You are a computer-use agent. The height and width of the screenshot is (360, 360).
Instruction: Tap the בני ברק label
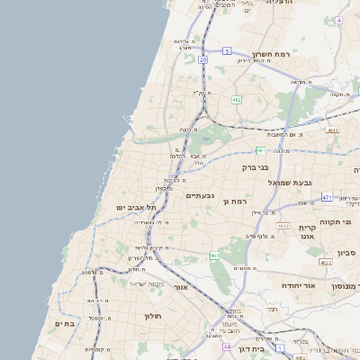click(x=256, y=166)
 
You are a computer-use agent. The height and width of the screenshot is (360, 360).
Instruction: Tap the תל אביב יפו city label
click(x=136, y=208)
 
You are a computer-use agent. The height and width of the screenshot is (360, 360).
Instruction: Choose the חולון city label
click(x=150, y=317)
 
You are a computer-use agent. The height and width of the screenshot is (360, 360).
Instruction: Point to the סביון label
click(x=347, y=253)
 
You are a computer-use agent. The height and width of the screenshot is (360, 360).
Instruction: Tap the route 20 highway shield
click(x=203, y=59)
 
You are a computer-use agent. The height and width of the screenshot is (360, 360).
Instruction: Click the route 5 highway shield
click(x=228, y=50)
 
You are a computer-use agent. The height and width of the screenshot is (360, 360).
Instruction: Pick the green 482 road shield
click(x=236, y=99)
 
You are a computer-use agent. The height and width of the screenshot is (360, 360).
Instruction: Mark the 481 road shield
click(x=260, y=150)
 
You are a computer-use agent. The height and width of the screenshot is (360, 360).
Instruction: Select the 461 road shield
click(x=215, y=256)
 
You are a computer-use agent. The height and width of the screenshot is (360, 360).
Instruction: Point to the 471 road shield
click(x=326, y=197)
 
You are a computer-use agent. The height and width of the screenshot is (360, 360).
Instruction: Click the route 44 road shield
click(x=228, y=346)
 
